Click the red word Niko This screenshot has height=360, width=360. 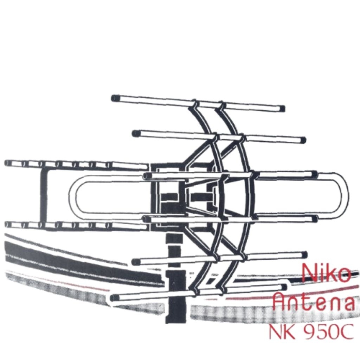click(326, 273)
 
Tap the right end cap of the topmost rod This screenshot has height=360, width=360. click(282, 109)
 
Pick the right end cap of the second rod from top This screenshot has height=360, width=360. click(303, 140)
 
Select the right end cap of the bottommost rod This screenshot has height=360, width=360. click(284, 287)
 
